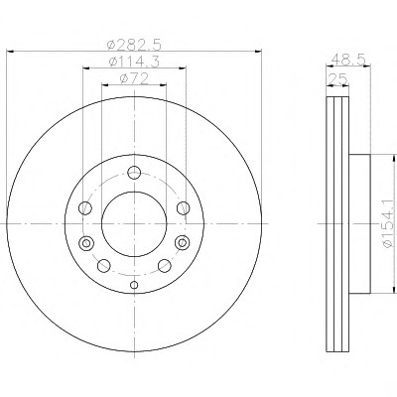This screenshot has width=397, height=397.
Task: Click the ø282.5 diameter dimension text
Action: click(x=134, y=45)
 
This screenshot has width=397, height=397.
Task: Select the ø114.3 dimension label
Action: click(x=134, y=62)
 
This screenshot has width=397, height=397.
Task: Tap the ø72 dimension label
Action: click(x=134, y=78)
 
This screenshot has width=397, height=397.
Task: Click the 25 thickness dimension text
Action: click(x=337, y=79)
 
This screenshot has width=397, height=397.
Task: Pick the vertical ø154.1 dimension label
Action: click(x=389, y=223)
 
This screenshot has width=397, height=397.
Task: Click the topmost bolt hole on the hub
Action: click(x=134, y=173)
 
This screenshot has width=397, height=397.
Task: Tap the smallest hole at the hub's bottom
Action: click(x=134, y=285)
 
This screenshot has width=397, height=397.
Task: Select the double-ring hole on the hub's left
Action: click(x=86, y=243)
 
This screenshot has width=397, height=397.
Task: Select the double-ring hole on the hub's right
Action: click(x=183, y=242)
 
